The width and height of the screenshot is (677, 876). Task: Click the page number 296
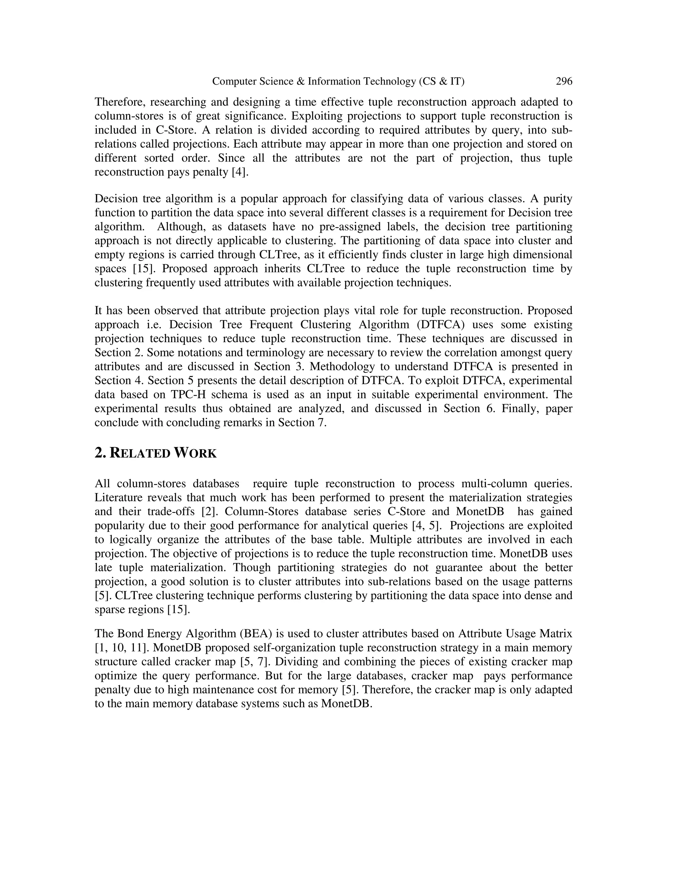pos(564,81)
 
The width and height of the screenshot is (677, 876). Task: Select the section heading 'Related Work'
pos(156,453)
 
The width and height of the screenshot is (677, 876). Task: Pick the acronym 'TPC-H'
pos(188,394)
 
